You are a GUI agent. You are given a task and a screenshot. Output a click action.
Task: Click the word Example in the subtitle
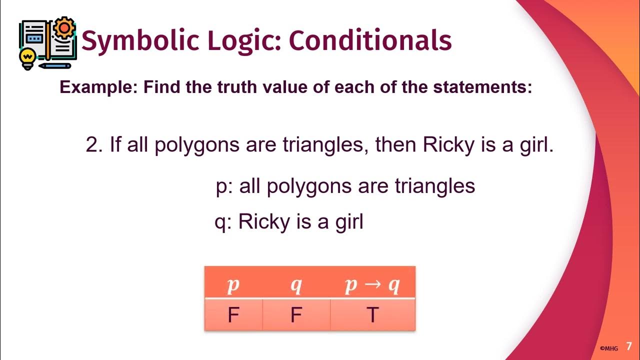[x=98, y=88]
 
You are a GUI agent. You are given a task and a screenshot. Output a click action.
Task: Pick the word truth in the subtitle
[x=239, y=88]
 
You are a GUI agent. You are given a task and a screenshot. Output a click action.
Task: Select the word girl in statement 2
[x=534, y=145]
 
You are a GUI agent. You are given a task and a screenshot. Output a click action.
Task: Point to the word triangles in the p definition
[x=434, y=186]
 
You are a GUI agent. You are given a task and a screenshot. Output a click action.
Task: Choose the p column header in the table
[x=233, y=285]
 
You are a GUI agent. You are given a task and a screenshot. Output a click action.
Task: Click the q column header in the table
[x=296, y=285]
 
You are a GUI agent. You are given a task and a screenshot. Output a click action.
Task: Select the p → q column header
[x=372, y=285]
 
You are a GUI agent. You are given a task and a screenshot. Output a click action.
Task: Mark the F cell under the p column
[x=233, y=315]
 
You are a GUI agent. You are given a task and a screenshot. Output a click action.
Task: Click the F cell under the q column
[x=296, y=315]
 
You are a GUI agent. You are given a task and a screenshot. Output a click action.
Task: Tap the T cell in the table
[x=372, y=315]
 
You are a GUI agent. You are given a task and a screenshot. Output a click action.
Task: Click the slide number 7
[x=629, y=346]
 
